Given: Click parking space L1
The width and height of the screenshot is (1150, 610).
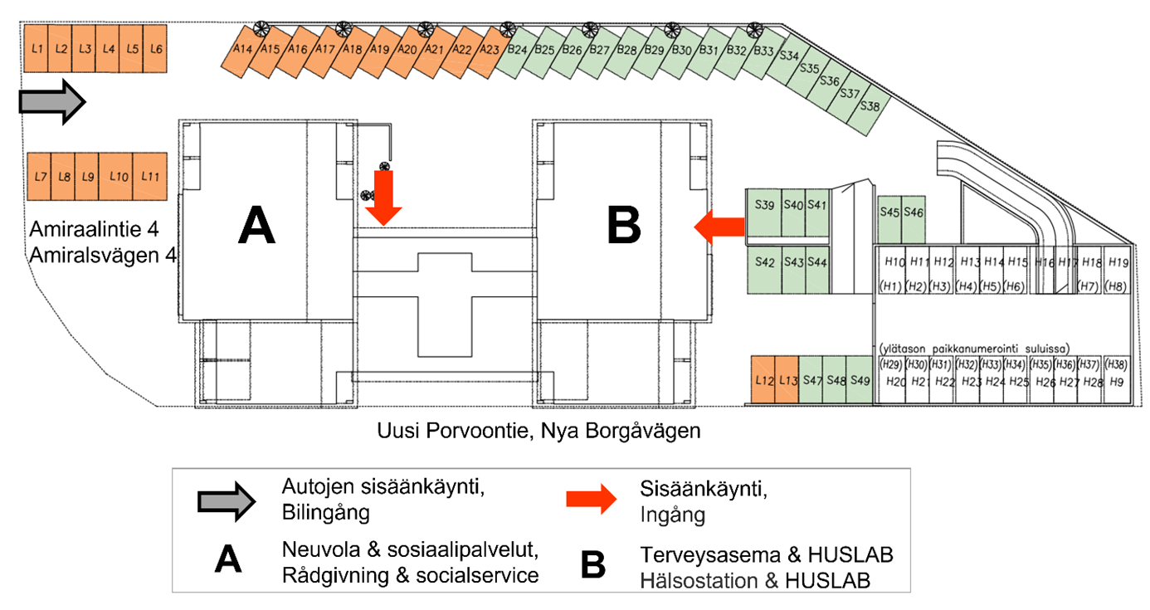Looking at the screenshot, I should pos(36,50).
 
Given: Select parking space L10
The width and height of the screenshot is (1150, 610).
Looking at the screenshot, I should pos(118,177).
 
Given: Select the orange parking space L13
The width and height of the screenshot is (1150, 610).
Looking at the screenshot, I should pos(787,380).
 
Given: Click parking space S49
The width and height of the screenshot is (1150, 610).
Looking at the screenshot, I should pos(860,380).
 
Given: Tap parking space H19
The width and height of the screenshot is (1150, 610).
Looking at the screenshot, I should pos(1118,262).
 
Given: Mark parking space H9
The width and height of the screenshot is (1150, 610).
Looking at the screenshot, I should pos(1117,382).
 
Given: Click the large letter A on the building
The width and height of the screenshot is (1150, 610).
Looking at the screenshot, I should pos(256,225).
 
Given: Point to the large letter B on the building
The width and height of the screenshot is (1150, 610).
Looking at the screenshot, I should pos(624,225).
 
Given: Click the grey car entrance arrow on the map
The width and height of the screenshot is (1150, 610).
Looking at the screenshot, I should pos(52,102).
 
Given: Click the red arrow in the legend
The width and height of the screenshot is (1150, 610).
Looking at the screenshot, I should pos(592,500).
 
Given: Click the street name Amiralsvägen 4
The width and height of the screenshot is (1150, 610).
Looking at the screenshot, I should pos(103,256).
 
